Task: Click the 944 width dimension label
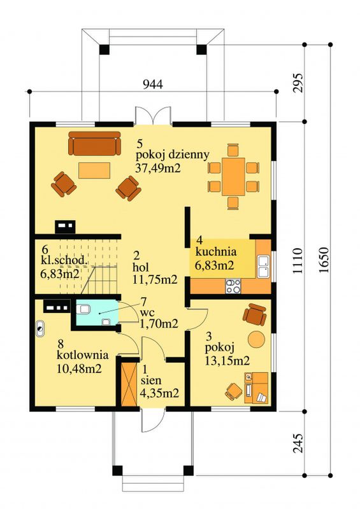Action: click(x=153, y=85)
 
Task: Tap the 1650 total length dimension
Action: click(x=324, y=260)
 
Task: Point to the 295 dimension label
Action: click(x=299, y=83)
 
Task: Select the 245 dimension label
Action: click(x=299, y=443)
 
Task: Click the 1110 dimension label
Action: click(x=298, y=261)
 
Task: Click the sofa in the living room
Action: click(x=94, y=143)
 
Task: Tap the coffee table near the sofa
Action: click(x=94, y=171)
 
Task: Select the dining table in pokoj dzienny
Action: click(x=233, y=177)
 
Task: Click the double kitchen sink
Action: click(x=263, y=267)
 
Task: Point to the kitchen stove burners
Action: click(x=233, y=286)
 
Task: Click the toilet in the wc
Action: click(x=83, y=309)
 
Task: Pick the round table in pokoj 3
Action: click(x=257, y=339)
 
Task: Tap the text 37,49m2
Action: click(x=157, y=168)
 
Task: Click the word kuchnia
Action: click(x=215, y=251)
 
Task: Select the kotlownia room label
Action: click(x=83, y=354)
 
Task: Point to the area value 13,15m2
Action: click(x=227, y=360)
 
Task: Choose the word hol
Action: click(x=141, y=267)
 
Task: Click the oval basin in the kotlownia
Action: click(x=40, y=329)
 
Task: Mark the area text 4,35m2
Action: click(x=159, y=393)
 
